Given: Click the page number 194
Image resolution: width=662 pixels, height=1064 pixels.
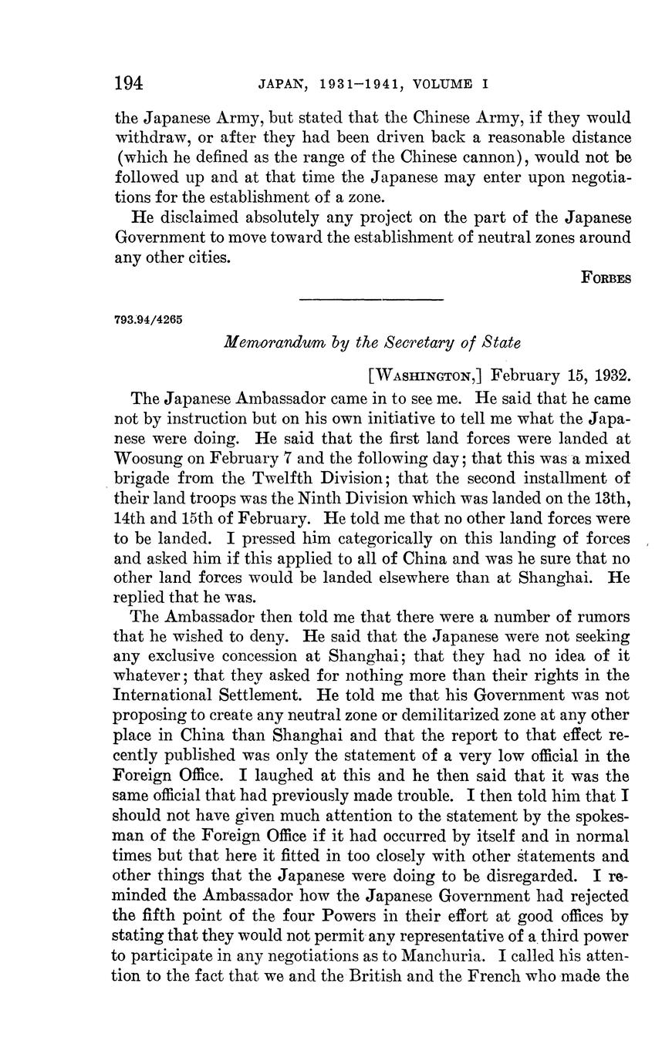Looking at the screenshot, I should [x=130, y=82].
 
